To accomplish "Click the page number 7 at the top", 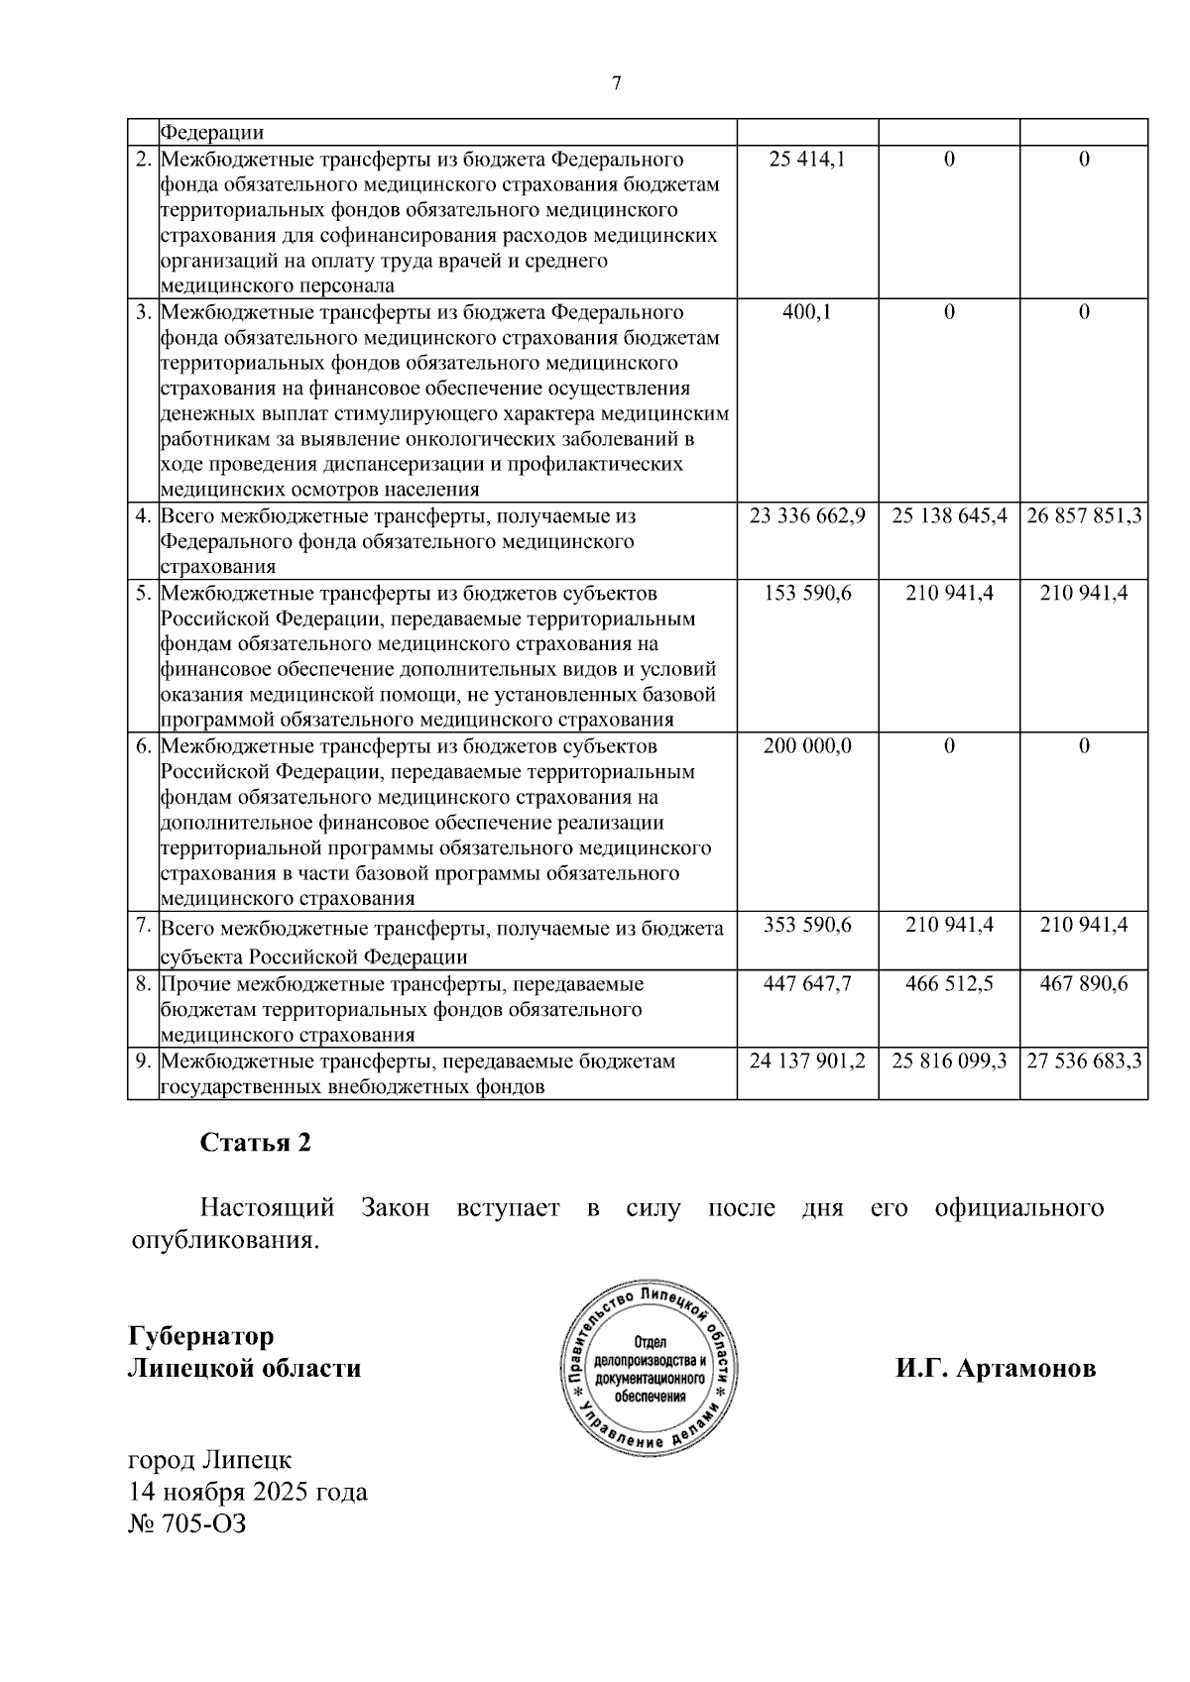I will (x=616, y=84).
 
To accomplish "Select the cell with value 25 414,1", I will (x=807, y=160).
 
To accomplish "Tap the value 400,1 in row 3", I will (x=807, y=312).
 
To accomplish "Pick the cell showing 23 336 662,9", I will (x=807, y=516).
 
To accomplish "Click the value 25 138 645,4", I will (x=949, y=516).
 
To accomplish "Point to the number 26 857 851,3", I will (x=1084, y=516).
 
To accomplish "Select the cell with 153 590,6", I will (x=807, y=593).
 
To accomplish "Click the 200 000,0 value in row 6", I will (x=807, y=745).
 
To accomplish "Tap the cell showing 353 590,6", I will (x=807, y=925).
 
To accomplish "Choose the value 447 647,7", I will (x=807, y=984).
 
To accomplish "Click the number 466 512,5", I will (x=949, y=984).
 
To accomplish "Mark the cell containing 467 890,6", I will (x=1084, y=984).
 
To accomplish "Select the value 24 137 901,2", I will (x=807, y=1061).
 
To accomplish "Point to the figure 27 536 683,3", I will (x=1084, y=1061).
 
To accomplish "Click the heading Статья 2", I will (x=256, y=1143).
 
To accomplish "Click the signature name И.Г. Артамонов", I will (x=996, y=1369).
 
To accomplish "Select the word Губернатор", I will (x=201, y=1336).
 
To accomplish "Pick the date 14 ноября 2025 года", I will (x=248, y=1492).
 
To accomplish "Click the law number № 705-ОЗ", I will (x=187, y=1523).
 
